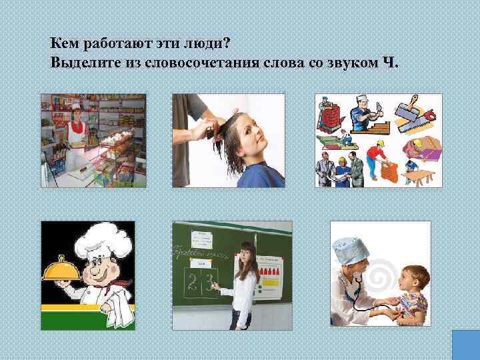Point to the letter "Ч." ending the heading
coord(390,63)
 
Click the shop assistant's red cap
coord(75,106)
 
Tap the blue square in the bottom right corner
coord(466,345)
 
